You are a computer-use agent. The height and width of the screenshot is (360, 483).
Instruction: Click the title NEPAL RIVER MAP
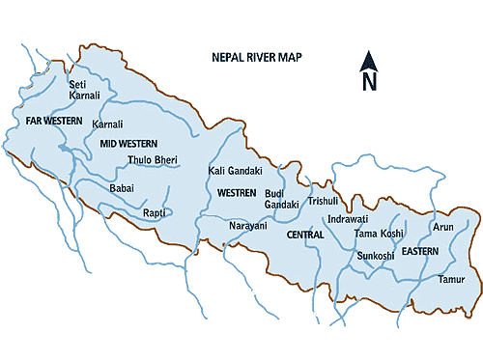click(257, 58)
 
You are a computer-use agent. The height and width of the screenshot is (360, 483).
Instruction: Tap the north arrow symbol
click(368, 71)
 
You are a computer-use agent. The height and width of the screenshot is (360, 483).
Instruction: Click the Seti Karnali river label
click(84, 91)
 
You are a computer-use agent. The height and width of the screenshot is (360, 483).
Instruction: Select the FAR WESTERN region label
click(54, 121)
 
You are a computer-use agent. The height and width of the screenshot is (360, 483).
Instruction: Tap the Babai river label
click(122, 187)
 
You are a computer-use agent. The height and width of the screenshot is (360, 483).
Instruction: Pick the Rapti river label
click(154, 212)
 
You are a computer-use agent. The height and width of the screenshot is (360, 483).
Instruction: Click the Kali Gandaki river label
click(235, 171)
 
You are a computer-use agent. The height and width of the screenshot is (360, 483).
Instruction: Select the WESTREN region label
click(236, 193)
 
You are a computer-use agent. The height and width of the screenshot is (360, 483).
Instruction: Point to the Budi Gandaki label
click(282, 200)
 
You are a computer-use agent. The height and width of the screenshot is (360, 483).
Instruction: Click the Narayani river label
click(247, 226)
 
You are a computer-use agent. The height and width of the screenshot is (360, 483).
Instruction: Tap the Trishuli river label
click(323, 202)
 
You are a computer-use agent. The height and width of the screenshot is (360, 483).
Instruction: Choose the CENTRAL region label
click(305, 235)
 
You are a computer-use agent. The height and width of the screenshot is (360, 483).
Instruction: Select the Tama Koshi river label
click(379, 235)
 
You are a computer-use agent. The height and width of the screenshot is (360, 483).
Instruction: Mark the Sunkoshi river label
click(376, 256)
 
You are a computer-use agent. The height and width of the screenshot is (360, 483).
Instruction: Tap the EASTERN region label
click(420, 251)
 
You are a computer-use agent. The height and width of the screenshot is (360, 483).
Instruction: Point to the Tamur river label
click(451, 279)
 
